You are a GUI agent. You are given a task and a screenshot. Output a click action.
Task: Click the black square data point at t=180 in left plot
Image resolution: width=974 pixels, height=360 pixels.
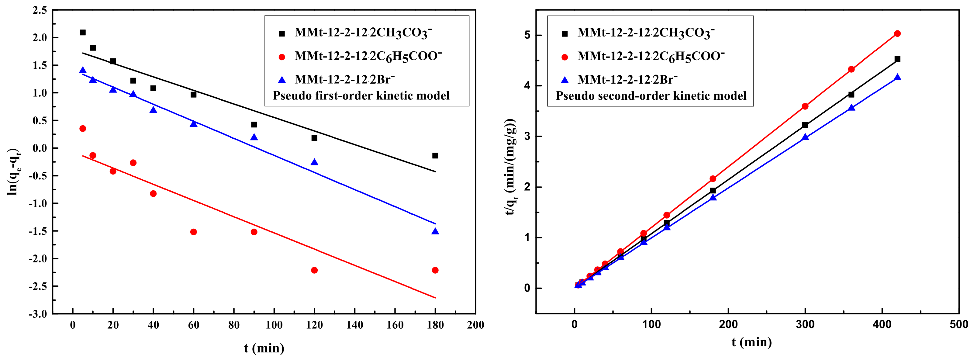(435, 155)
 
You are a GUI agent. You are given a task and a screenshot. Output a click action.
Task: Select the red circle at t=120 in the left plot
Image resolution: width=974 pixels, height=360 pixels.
(314, 270)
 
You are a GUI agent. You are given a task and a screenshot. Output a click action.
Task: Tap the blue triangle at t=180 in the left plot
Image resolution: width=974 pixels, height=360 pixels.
(435, 231)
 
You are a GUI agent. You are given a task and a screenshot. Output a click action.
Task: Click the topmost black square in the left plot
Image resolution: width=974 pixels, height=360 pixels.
(83, 33)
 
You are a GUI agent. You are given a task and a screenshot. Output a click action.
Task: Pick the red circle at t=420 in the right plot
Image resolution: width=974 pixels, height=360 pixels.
(897, 34)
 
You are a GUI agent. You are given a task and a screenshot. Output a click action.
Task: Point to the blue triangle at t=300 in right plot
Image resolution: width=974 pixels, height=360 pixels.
(805, 137)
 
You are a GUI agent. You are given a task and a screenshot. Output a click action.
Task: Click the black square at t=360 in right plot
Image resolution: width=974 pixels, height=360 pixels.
(851, 95)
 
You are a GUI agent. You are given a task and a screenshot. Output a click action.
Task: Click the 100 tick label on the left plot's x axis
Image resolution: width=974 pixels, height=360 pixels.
(274, 325)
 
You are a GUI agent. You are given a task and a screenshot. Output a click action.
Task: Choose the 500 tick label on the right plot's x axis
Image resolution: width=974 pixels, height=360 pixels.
(959, 324)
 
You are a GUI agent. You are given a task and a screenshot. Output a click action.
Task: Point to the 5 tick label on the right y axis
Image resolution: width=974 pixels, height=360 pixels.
(527, 35)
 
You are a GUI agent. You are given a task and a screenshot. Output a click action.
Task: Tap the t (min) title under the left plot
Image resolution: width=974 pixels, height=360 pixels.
(264, 348)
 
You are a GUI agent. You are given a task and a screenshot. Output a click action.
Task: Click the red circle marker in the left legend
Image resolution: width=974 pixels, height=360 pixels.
(282, 57)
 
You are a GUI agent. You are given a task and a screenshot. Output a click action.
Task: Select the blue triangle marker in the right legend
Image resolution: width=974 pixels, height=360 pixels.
(565, 80)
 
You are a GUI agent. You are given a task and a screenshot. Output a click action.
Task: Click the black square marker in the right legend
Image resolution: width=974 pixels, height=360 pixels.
(565, 34)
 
